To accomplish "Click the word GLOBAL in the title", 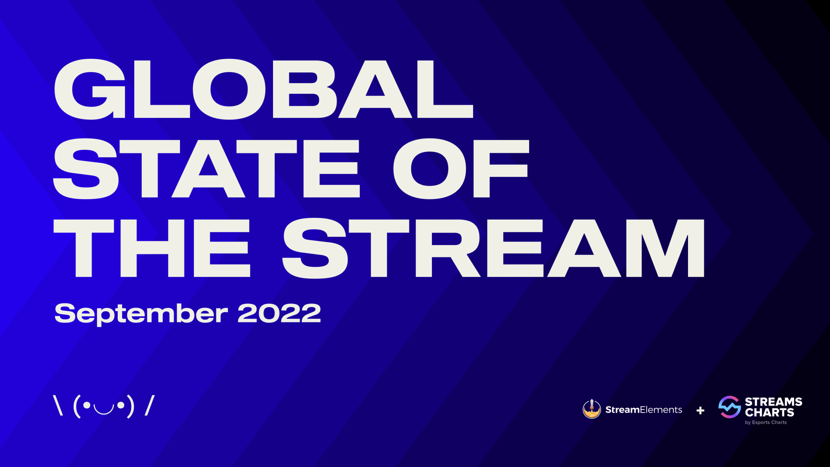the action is pos(263,89).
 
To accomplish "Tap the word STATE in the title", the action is pos(207,169).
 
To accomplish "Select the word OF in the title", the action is pos(461,169).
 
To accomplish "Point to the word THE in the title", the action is pos(152,248).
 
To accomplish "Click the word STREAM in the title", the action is pos(493,248).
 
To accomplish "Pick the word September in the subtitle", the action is pos(141,314).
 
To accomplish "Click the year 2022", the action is pos(279,313).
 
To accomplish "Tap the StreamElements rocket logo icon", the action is pos(592,409).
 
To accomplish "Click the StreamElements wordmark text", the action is pos(644,410).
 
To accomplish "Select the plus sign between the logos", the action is pos(700,411).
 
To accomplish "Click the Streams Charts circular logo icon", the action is pos(729,407).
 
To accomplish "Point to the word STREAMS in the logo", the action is pos(773,402).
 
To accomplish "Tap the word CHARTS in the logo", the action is pos(769,412).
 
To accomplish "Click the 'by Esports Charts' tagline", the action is pos(766,422).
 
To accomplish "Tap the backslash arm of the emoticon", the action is pos(58,405).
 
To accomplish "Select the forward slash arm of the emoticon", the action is pos(149,405).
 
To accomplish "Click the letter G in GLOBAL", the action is pos(89,89).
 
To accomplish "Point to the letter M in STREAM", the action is pos(665,248).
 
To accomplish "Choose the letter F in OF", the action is pos(501,169).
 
